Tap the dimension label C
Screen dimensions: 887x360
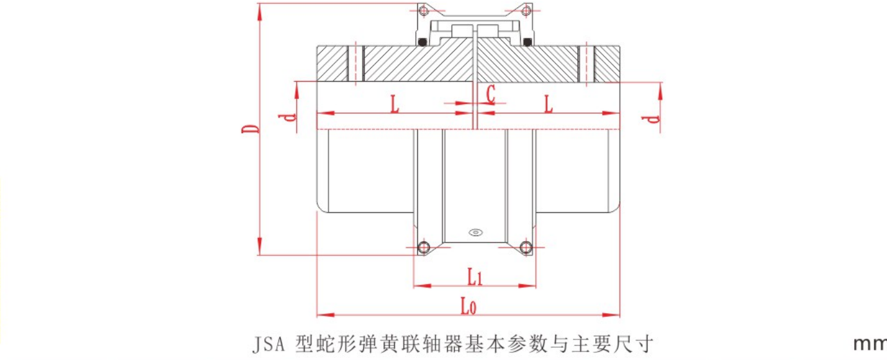click(x=490, y=94)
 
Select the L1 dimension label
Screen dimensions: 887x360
click(x=475, y=276)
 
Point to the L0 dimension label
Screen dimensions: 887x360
click(x=469, y=307)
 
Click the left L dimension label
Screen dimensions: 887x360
click(x=395, y=104)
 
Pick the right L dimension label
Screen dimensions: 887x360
click(x=548, y=104)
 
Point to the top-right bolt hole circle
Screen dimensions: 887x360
click(x=526, y=11)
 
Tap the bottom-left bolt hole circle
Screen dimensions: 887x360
click(x=424, y=247)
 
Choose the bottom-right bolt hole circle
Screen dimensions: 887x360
click(x=526, y=247)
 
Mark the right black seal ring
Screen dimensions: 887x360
click(x=527, y=42)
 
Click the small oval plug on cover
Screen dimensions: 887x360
click(x=475, y=232)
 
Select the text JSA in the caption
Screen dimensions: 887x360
click(x=269, y=344)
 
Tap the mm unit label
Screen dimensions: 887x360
click(x=870, y=344)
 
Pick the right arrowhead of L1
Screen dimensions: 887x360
click(x=528, y=285)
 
